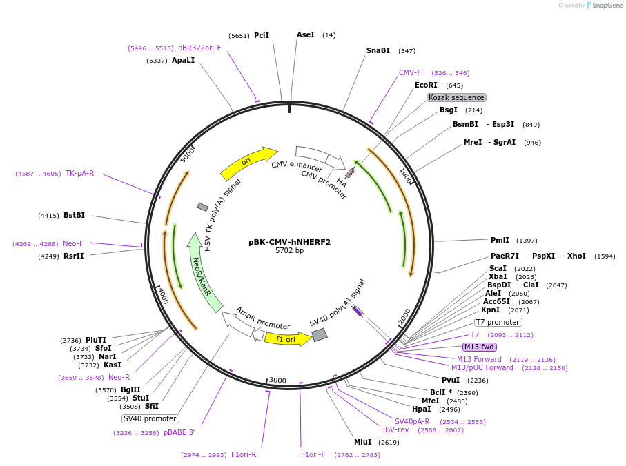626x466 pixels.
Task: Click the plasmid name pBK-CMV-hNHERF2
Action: (289, 242)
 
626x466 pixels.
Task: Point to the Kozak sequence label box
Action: (456, 98)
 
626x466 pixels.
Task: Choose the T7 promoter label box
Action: (498, 322)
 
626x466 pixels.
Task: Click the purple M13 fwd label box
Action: (479, 347)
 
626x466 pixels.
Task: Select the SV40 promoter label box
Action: (150, 418)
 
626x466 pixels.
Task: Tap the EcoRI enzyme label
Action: (426, 85)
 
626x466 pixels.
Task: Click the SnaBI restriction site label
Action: (378, 50)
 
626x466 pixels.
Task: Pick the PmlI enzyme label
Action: (500, 240)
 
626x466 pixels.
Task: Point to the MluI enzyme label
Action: (363, 442)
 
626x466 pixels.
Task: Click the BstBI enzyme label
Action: (74, 215)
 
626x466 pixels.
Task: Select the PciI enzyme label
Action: (262, 35)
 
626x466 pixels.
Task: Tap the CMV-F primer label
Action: (410, 72)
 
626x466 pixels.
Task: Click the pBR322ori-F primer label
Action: (199, 48)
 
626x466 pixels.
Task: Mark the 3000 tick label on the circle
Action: (277, 381)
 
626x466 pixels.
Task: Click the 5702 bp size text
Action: (289, 251)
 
